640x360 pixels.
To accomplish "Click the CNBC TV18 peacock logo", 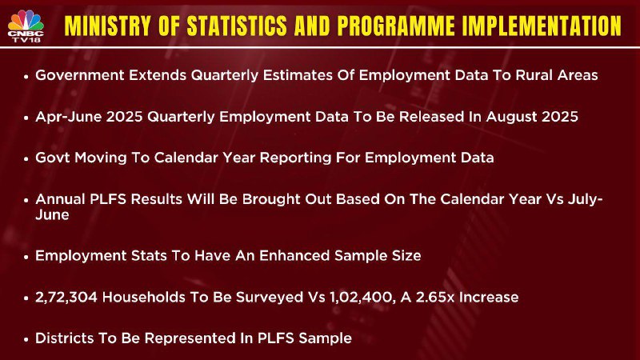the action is (x=26, y=26).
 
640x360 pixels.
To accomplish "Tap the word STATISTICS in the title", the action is (x=237, y=26).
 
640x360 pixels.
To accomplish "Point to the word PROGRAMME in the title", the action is (x=395, y=26).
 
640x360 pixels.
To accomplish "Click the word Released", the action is (x=431, y=117).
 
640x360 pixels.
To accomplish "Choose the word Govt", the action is (x=53, y=158).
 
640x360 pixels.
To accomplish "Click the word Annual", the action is (x=60, y=198).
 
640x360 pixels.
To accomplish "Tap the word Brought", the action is (x=266, y=199).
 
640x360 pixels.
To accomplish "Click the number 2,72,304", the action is (x=66, y=297).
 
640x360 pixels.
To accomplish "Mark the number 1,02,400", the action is (x=362, y=297).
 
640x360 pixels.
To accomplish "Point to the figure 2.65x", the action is (x=434, y=297).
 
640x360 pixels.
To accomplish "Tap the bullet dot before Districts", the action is (x=26, y=339).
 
